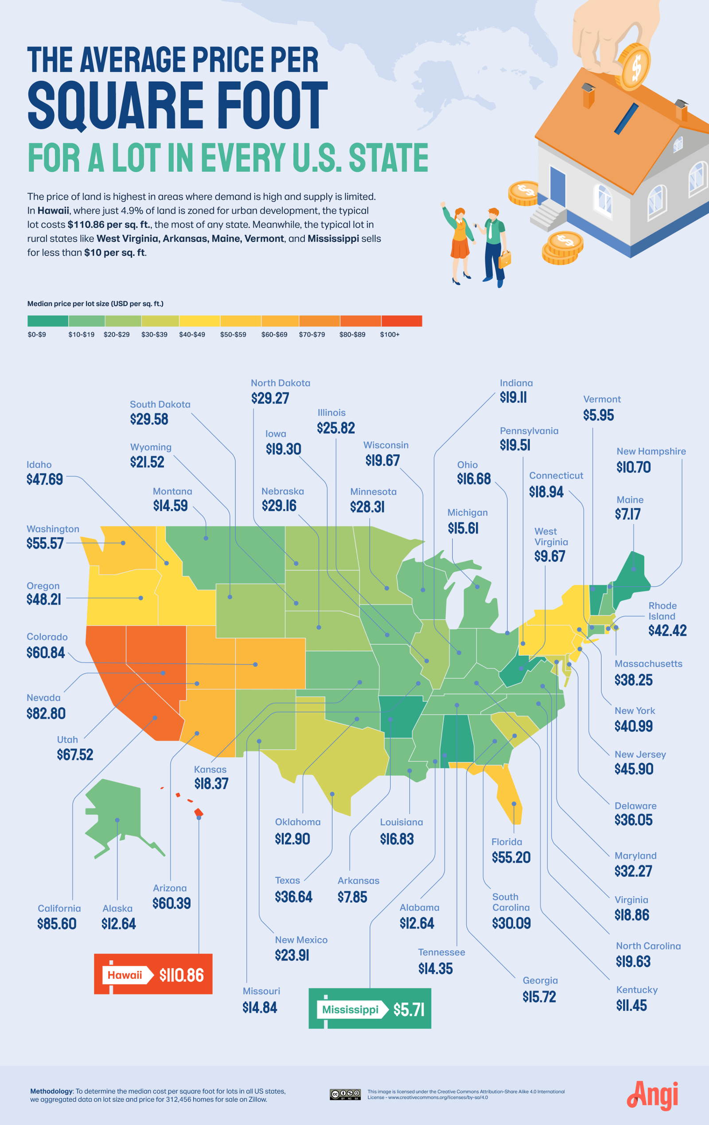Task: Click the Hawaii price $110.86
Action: coord(181,975)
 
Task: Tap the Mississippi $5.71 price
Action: coord(409,1010)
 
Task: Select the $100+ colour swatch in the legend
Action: coord(401,321)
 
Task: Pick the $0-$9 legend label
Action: coord(37,335)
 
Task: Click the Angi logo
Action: coord(652,1096)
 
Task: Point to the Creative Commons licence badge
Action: coord(345,1094)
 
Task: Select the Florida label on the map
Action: coord(506,842)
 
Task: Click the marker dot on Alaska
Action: coord(117,820)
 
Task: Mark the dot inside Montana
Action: coord(206,538)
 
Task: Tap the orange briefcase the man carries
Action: coord(504,259)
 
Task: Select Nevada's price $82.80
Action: coord(46,713)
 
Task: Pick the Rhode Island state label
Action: coord(662,611)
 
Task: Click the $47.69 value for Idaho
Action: coord(44,479)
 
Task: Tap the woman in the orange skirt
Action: coord(459,243)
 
